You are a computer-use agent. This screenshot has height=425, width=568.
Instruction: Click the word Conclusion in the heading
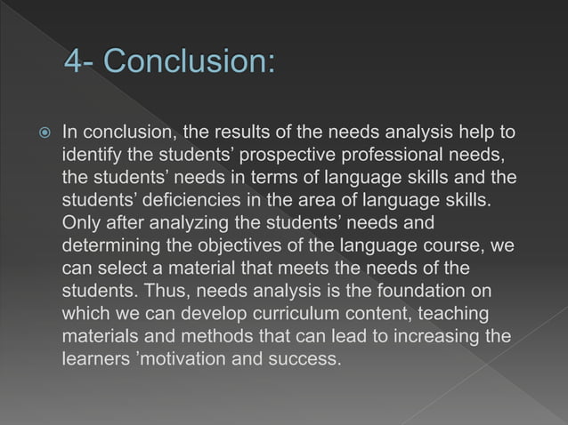[x=188, y=64]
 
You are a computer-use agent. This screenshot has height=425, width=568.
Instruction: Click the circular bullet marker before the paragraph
[x=39, y=132]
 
